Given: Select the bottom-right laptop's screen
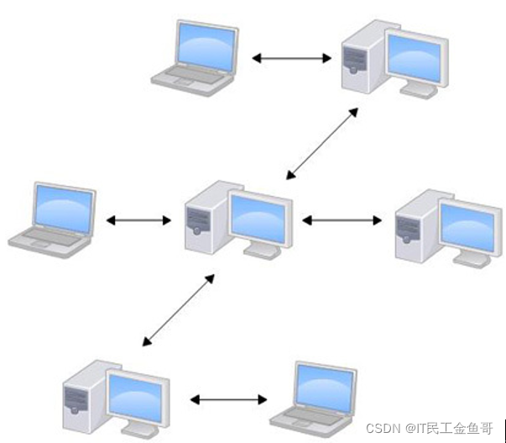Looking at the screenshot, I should tap(323, 388).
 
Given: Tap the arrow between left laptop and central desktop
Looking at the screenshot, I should tap(138, 220).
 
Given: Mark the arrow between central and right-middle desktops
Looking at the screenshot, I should tap(341, 220).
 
